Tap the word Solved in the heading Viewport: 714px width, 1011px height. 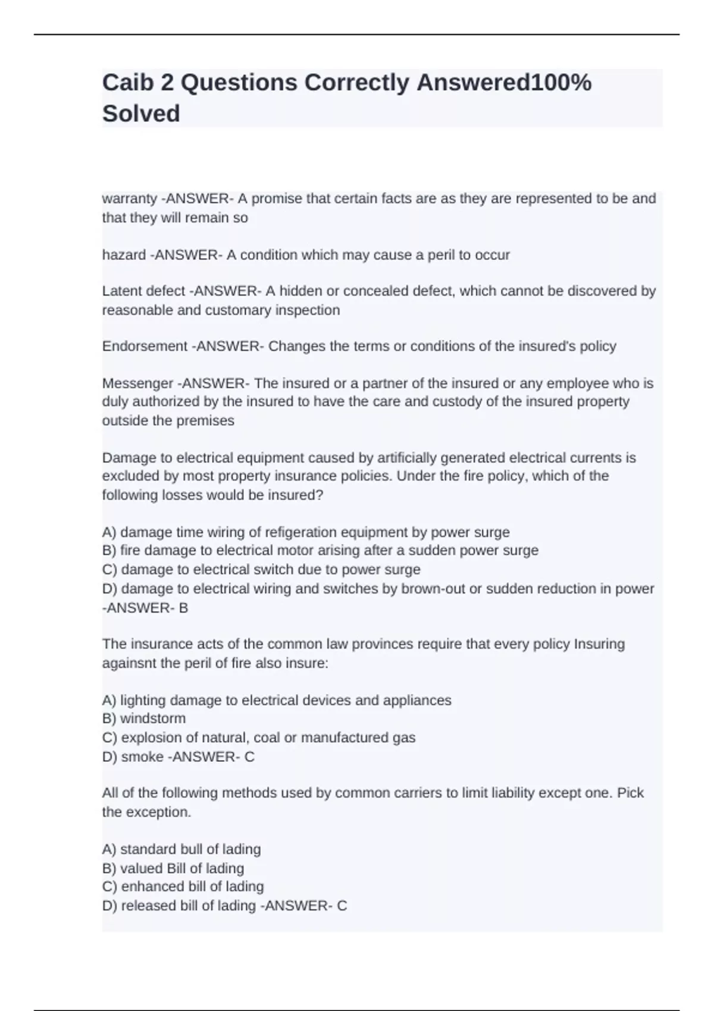[x=141, y=113]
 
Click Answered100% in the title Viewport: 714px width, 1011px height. [x=503, y=83]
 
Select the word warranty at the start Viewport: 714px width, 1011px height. [x=130, y=199]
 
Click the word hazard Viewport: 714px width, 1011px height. [x=124, y=255]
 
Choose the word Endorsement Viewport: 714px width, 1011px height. [x=145, y=346]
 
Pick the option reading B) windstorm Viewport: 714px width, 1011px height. [x=144, y=718]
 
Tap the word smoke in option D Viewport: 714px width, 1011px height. [x=142, y=756]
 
